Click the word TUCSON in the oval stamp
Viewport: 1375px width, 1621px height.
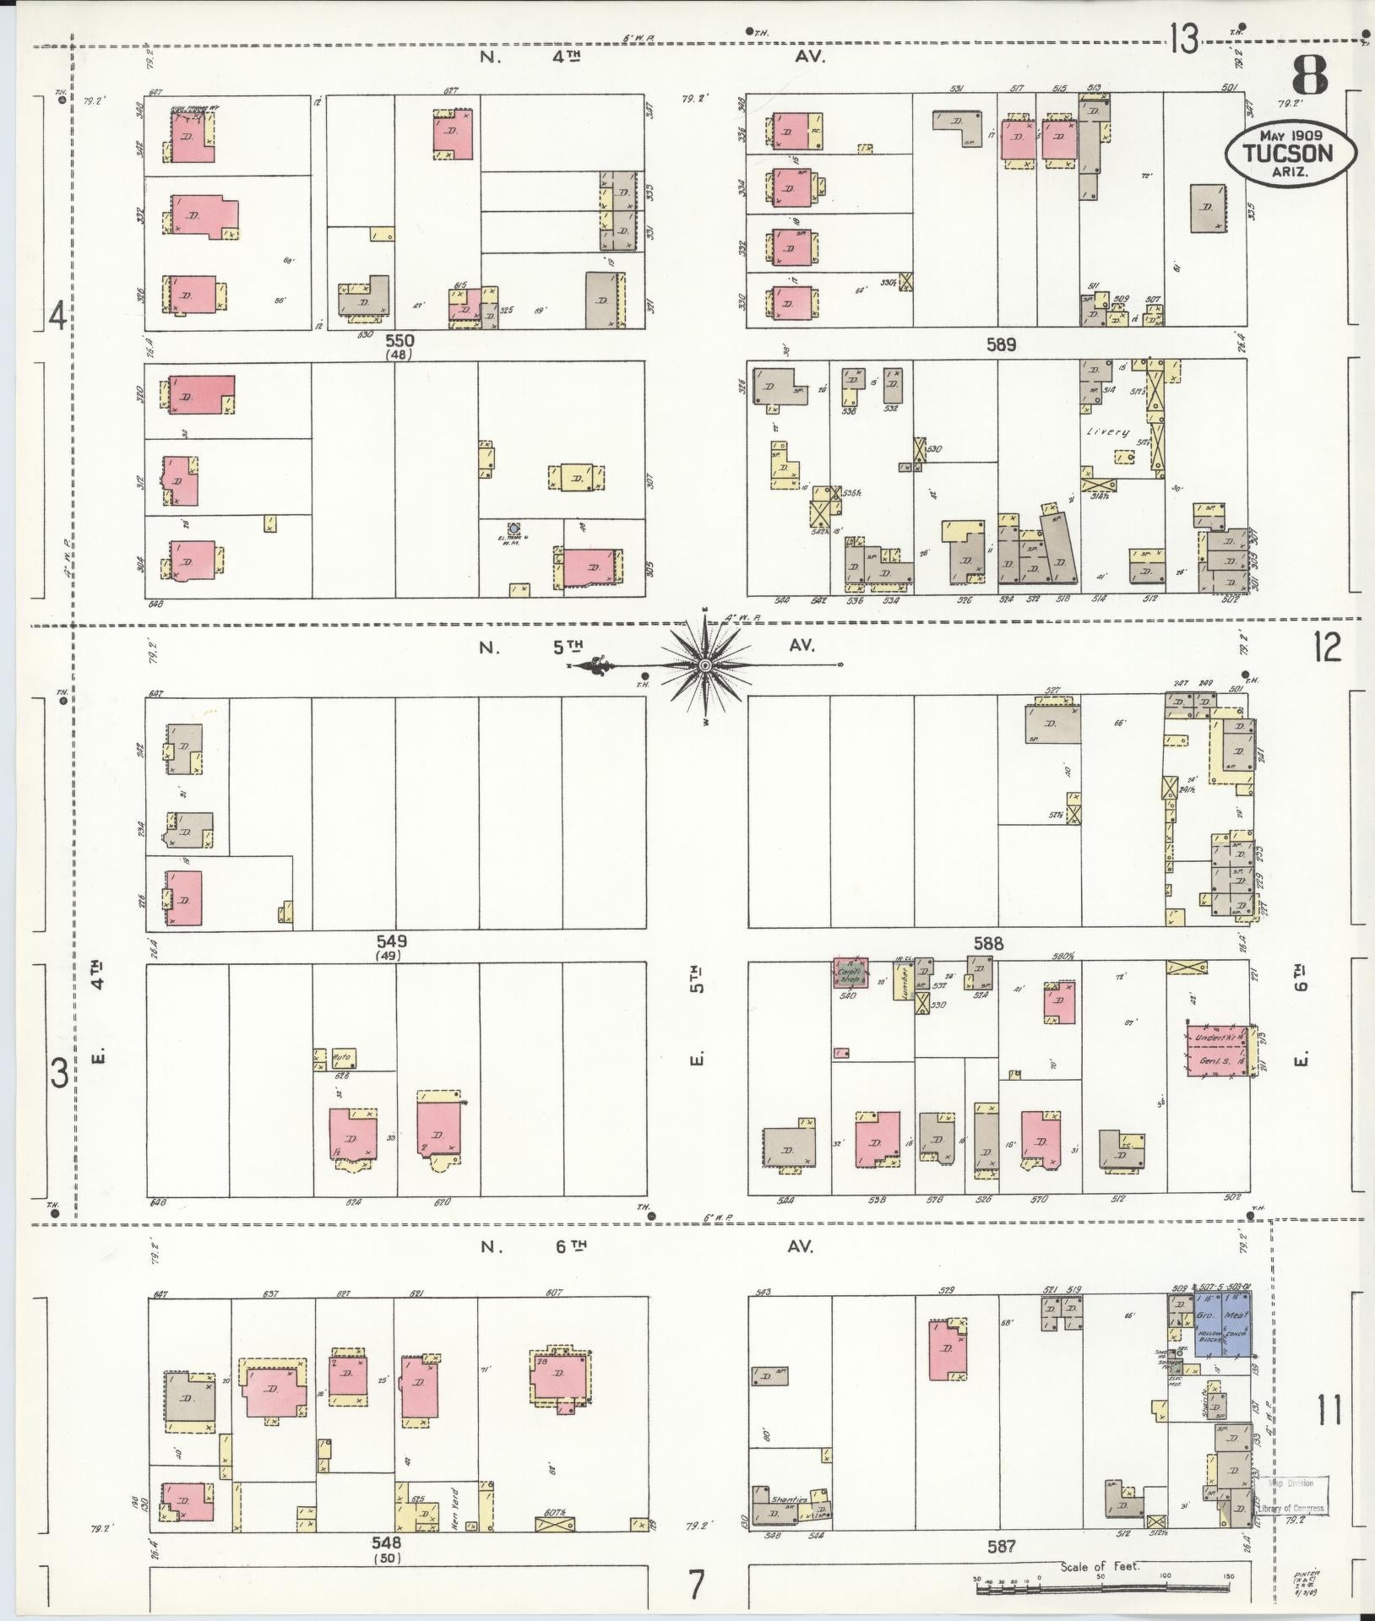point(1287,153)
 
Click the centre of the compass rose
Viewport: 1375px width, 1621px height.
point(704,665)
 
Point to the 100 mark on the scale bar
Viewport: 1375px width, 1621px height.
point(1165,1575)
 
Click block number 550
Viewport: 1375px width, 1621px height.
point(399,340)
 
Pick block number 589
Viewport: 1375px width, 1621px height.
point(1000,344)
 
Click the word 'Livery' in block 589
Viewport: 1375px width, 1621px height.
point(1108,432)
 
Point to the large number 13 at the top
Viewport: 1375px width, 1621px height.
point(1184,39)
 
